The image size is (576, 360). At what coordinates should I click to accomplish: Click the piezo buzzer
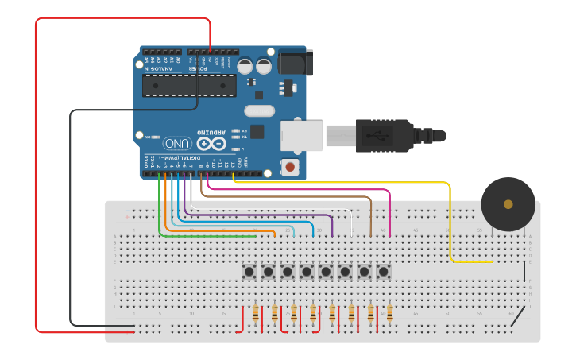click(508, 204)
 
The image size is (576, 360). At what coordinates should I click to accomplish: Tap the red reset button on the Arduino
click(291, 167)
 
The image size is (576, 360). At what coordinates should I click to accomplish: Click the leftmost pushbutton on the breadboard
click(249, 272)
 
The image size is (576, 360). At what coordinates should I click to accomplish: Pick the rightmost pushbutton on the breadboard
click(383, 272)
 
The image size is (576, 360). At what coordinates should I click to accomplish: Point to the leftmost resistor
click(255, 314)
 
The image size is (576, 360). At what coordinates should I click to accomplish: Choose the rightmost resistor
click(389, 314)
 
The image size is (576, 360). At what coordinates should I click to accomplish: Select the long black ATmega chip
click(189, 86)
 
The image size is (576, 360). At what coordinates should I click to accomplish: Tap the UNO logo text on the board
click(178, 143)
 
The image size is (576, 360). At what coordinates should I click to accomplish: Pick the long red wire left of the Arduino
click(36, 175)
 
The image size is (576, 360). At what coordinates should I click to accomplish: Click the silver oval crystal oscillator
click(259, 111)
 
